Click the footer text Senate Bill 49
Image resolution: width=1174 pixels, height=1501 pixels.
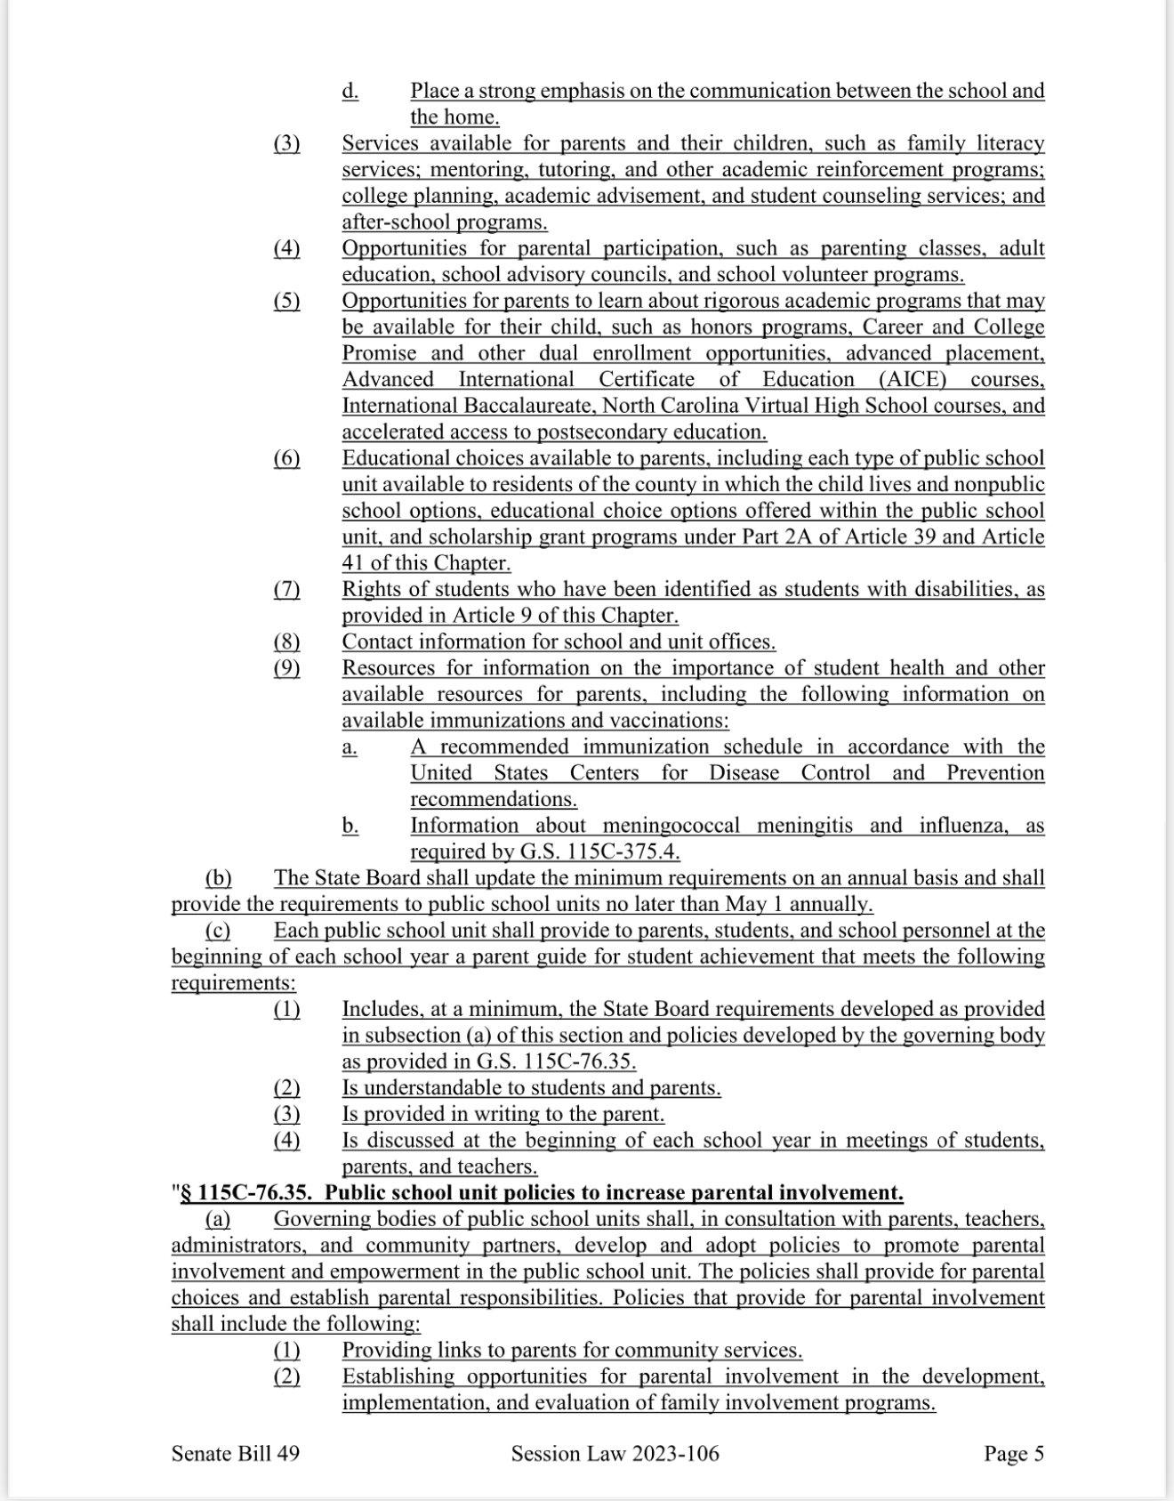click(x=235, y=1454)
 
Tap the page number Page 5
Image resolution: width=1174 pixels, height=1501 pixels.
click(x=1013, y=1454)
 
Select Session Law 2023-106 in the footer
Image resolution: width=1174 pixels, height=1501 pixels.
click(x=615, y=1454)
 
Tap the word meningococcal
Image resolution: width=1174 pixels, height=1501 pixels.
click(x=659, y=826)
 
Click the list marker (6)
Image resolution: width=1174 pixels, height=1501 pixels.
click(x=286, y=459)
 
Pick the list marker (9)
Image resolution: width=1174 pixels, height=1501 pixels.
click(x=286, y=668)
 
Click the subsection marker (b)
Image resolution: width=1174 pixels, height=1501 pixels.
click(x=218, y=878)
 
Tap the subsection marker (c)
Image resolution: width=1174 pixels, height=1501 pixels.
click(x=217, y=931)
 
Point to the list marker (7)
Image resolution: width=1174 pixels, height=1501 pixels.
click(x=286, y=590)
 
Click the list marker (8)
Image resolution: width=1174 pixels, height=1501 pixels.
click(x=286, y=642)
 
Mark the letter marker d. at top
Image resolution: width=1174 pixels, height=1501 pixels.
click(x=350, y=91)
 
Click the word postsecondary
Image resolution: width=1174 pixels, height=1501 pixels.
click(x=606, y=432)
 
